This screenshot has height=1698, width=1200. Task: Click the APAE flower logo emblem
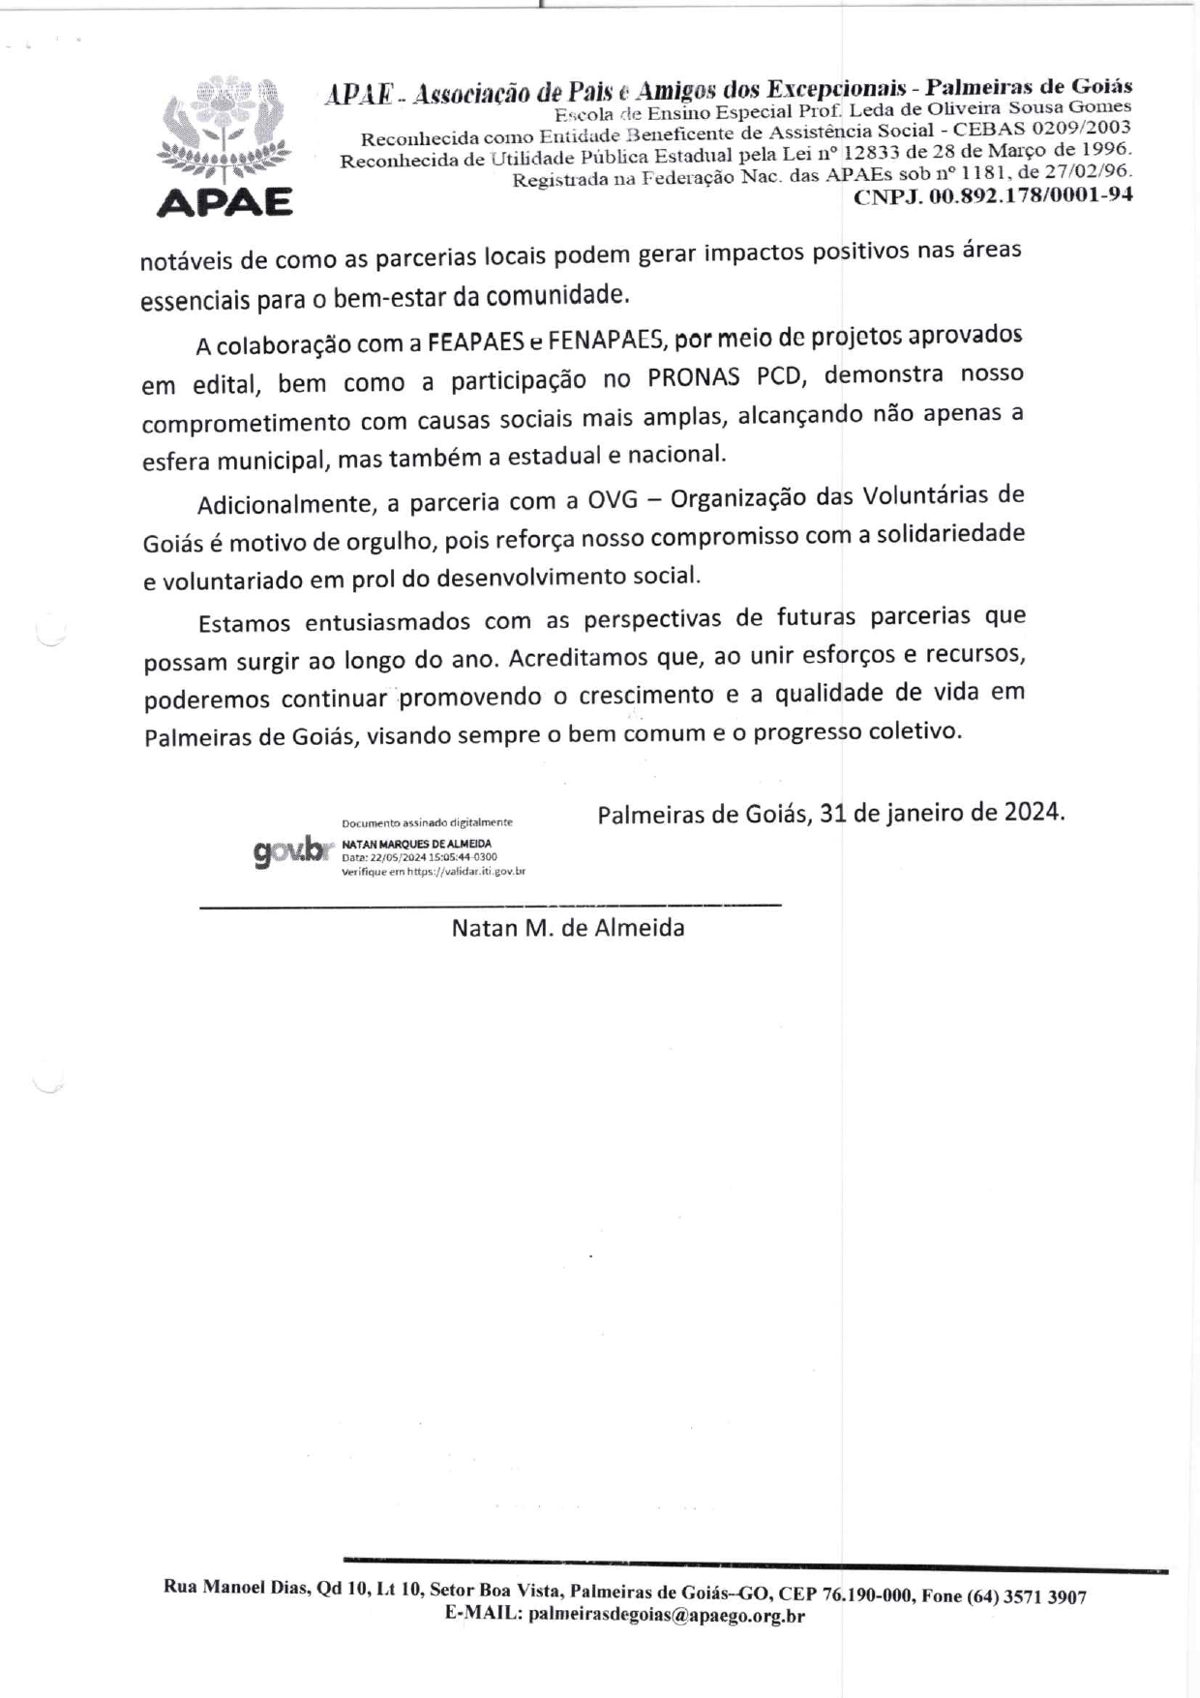224,132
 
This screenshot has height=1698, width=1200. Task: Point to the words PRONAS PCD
726,377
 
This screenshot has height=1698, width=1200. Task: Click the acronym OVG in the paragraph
610,500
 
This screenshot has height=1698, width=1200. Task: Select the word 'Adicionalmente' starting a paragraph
285,504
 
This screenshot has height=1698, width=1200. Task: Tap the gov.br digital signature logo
288,851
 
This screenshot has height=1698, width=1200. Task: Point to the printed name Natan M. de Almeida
568,929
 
